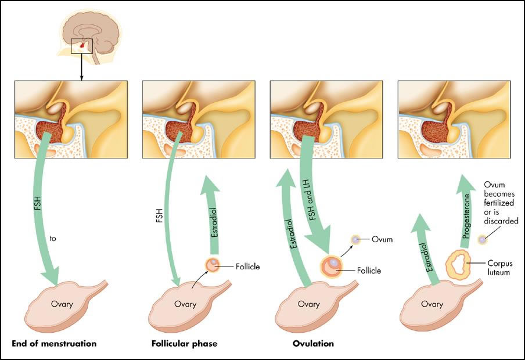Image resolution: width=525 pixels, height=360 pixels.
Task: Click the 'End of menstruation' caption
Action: [x=54, y=343]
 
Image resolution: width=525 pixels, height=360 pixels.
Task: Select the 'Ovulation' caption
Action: [x=314, y=343]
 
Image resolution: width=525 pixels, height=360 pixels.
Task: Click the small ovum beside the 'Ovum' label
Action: [x=355, y=239]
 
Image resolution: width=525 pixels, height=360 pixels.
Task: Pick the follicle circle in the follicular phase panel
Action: [x=213, y=265]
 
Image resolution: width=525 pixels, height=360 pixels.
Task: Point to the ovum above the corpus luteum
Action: [x=482, y=239]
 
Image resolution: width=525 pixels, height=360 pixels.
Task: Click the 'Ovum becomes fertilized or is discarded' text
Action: [x=501, y=203]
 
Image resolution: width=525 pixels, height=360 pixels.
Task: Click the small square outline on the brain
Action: [x=82, y=46]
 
